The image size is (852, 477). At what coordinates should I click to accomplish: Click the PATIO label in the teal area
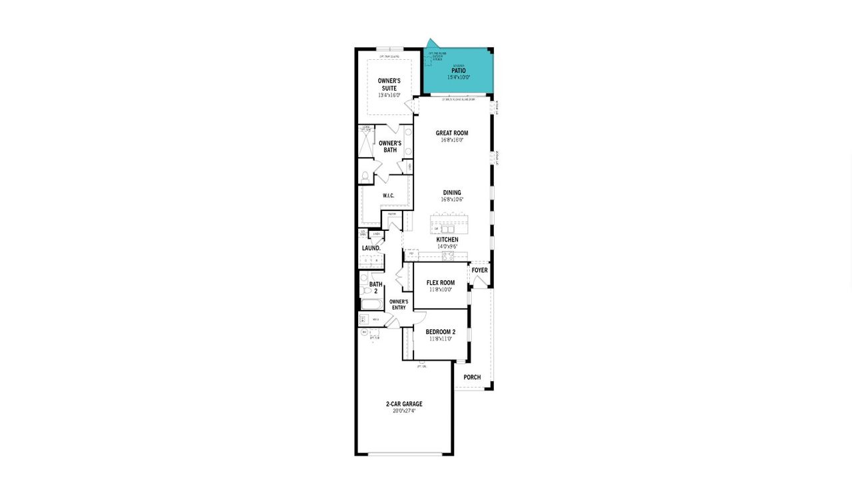tap(458, 71)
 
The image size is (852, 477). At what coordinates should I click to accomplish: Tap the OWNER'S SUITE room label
tap(389, 84)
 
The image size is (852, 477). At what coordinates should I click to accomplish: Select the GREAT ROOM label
tap(452, 133)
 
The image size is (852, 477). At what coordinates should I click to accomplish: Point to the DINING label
tap(452, 193)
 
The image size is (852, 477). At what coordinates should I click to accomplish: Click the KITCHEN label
tap(447, 239)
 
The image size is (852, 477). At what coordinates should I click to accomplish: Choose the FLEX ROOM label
tap(441, 283)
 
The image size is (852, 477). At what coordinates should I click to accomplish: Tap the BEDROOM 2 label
tap(441, 332)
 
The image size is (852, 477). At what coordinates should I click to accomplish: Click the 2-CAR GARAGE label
tap(404, 404)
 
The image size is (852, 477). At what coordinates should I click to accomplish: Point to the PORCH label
tap(472, 377)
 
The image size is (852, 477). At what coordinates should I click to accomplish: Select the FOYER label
tap(479, 270)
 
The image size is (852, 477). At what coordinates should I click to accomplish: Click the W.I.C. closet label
tap(389, 196)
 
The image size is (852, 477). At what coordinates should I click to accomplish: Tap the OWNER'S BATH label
tap(389, 146)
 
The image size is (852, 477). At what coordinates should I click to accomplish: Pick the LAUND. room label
tap(371, 248)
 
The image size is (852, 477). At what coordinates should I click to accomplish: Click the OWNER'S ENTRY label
tap(399, 304)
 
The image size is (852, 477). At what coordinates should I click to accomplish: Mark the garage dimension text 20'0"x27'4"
tap(404, 411)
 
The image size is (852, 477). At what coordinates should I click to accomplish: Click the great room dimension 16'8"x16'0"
tap(452, 140)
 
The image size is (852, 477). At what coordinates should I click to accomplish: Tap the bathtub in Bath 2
tap(371, 304)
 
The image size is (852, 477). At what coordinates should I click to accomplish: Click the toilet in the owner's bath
tap(365, 176)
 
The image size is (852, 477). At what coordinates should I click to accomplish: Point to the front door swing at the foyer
tap(479, 281)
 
